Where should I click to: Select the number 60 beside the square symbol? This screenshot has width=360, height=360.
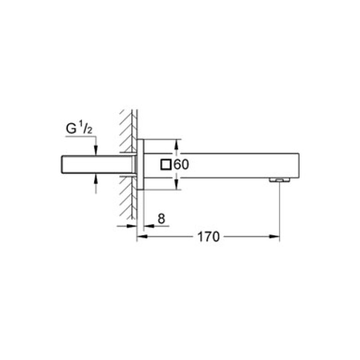click(x=181, y=165)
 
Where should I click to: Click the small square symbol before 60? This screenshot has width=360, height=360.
click(x=166, y=165)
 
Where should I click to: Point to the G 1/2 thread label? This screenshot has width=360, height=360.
click(x=79, y=129)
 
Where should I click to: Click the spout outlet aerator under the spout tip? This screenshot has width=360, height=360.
click(x=279, y=180)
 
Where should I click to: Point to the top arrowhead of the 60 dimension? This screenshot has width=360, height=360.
click(x=176, y=143)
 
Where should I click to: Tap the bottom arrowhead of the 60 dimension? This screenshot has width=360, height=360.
click(x=176, y=186)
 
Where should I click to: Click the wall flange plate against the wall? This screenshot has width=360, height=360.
click(x=140, y=165)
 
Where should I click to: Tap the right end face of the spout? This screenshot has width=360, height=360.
click(x=298, y=165)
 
